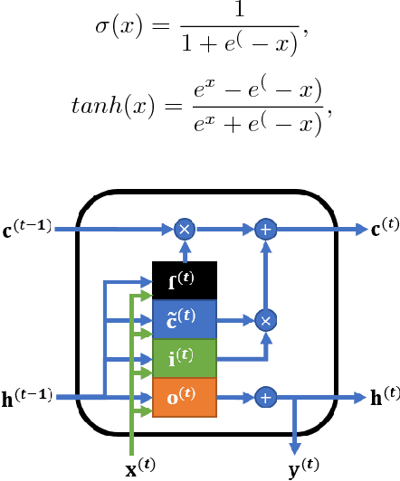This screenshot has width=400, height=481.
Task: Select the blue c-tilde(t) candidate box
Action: (x=185, y=319)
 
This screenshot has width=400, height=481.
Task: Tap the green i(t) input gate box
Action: (x=185, y=358)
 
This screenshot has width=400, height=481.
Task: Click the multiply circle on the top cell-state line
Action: (x=185, y=230)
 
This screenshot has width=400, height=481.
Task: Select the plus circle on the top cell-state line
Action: (x=265, y=230)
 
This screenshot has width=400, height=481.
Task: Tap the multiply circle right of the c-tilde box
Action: (x=265, y=319)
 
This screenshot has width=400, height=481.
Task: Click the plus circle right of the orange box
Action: (x=265, y=397)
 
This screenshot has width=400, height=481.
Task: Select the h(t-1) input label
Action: (x=28, y=396)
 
